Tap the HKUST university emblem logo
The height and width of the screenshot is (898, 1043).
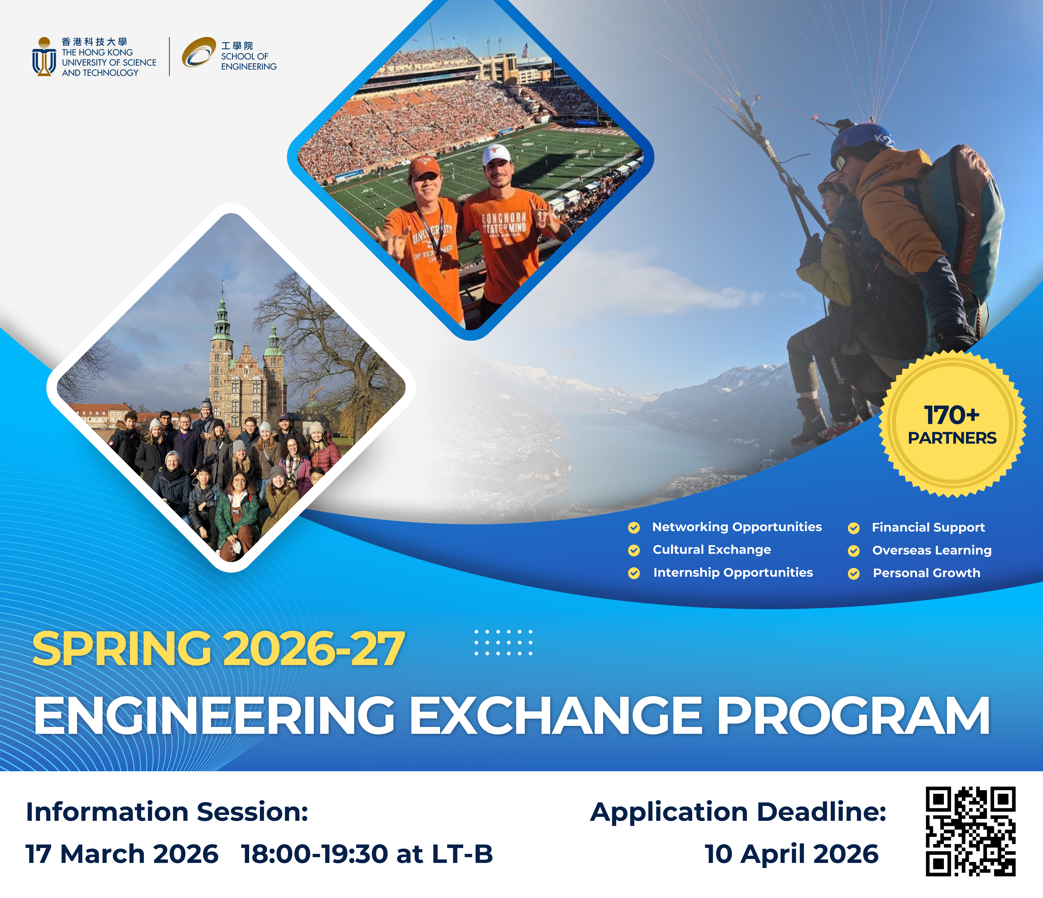(44, 56)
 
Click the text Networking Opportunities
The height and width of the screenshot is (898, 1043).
(736, 527)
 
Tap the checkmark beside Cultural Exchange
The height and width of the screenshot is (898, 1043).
(634, 550)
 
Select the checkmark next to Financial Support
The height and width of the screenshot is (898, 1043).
(854, 528)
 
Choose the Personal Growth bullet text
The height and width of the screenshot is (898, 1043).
(926, 573)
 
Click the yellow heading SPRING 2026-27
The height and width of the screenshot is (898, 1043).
(218, 650)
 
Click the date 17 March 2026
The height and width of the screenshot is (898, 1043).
(122, 854)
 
